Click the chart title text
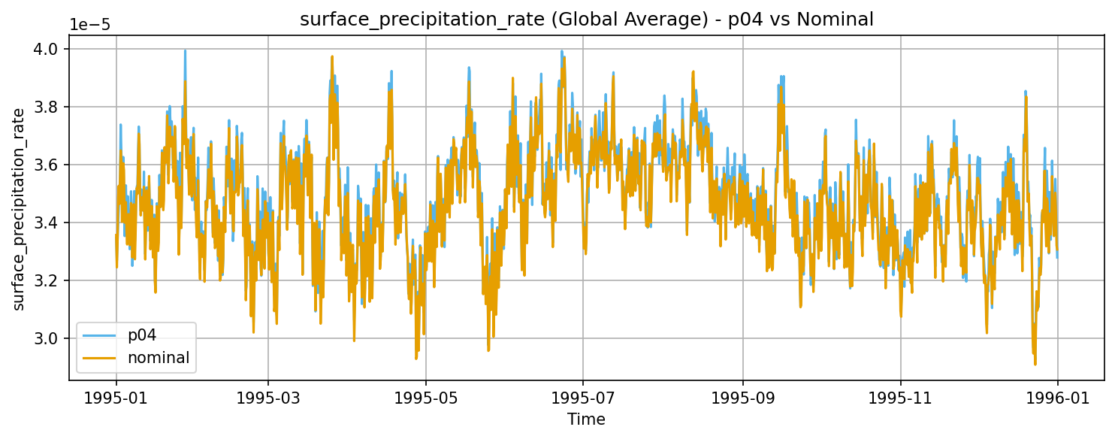(586, 20)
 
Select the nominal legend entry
(159, 357)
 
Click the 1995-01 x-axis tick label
(116, 396)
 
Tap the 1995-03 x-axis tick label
(268, 396)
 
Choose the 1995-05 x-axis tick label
(426, 396)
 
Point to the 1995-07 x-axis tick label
(583, 396)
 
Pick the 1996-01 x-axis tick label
(1058, 396)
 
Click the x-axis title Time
(586, 419)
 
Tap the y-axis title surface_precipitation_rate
(20, 208)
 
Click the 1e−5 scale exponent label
(91, 24)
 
